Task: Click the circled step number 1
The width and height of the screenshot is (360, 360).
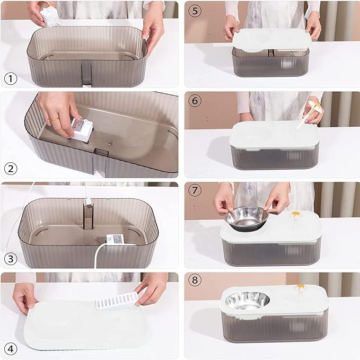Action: pyautogui.click(x=11, y=78)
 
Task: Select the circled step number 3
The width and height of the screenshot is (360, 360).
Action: pyautogui.click(x=11, y=259)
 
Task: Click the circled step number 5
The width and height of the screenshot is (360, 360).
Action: pyautogui.click(x=195, y=11)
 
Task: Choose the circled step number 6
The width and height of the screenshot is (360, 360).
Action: pyautogui.click(x=195, y=100)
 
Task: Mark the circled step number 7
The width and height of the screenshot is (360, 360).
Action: pyautogui.click(x=195, y=191)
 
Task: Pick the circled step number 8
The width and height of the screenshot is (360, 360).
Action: pyautogui.click(x=195, y=281)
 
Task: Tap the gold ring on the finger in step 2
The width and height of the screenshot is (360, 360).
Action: pyautogui.click(x=54, y=120)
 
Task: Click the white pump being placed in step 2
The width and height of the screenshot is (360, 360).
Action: pyautogui.click(x=82, y=129)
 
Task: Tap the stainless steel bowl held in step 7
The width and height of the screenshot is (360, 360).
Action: pyautogui.click(x=247, y=217)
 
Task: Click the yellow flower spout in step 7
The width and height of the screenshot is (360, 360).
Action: pyautogui.click(x=295, y=216)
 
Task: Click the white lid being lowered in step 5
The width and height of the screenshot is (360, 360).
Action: pyautogui.click(x=271, y=40)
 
